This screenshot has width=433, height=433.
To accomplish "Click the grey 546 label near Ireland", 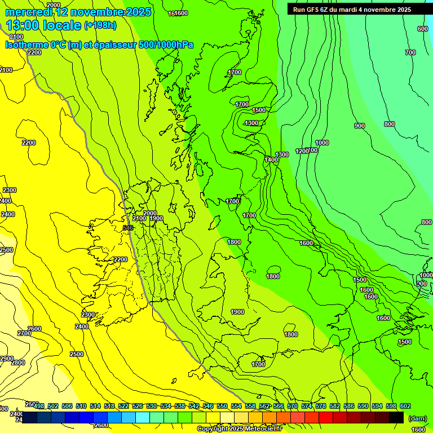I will point(128,227).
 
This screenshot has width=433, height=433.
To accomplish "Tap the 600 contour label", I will point(423,29).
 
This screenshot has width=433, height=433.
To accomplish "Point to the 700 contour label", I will point(410,52).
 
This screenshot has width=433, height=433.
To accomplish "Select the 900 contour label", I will point(360,126).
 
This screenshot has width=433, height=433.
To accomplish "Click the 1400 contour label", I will point(271,160).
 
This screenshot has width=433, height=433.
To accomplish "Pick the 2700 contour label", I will point(24,333).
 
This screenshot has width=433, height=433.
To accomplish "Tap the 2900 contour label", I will point(6,359).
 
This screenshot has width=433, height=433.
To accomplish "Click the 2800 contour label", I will point(18,363).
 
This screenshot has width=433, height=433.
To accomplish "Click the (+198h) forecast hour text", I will point(100,25).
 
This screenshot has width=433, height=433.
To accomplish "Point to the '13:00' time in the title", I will point(26,25).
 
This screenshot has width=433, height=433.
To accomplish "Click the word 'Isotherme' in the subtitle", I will point(26,45).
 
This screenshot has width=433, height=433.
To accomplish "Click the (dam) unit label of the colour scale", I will point(417,418).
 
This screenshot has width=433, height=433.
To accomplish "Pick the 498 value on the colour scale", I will point(39,406).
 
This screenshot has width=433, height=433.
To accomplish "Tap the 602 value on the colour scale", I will point(405,406).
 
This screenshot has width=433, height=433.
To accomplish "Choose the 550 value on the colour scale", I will point(222,406).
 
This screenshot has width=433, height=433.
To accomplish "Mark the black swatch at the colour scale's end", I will point(396,417).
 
